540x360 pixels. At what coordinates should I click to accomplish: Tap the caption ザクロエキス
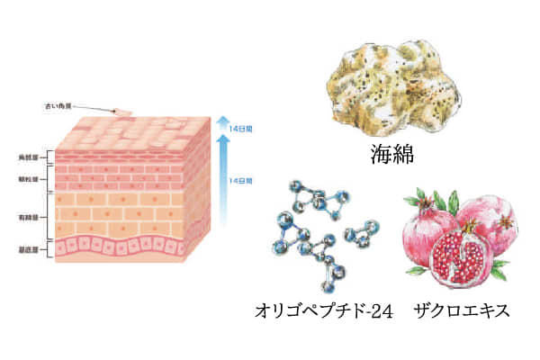(462, 311)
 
